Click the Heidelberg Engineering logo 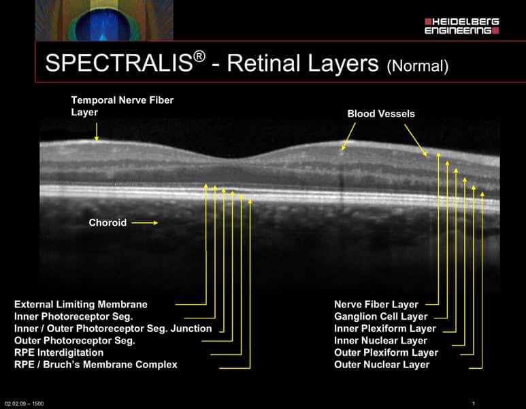click(x=462, y=26)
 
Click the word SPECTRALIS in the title click(x=120, y=63)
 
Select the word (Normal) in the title click(x=418, y=66)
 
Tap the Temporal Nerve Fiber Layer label click(x=122, y=106)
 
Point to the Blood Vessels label click(x=381, y=114)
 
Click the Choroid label click(x=108, y=222)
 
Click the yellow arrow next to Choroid click(x=144, y=222)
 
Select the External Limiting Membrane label click(x=81, y=305)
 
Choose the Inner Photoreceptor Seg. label click(x=73, y=316)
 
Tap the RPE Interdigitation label click(x=59, y=352)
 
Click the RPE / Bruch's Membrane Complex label click(x=96, y=365)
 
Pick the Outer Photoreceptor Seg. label click(x=74, y=340)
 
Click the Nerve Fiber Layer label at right click(x=376, y=305)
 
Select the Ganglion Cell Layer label click(x=381, y=316)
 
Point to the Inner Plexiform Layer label click(x=385, y=329)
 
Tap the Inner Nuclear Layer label click(x=380, y=340)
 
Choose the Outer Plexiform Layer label click(x=386, y=352)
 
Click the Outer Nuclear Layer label click(x=382, y=365)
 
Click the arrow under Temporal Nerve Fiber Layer click(x=97, y=132)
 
